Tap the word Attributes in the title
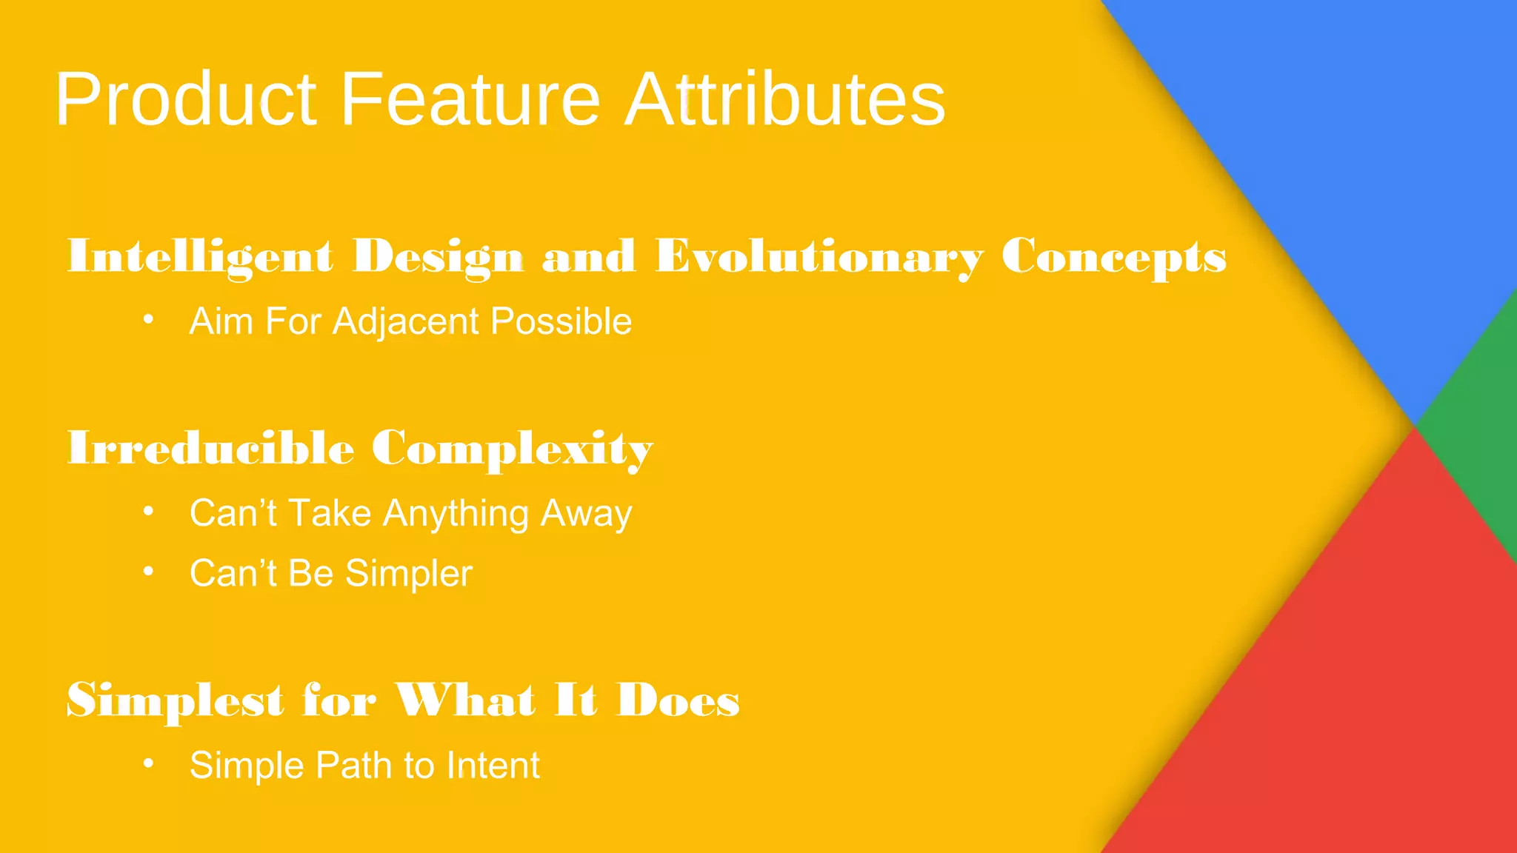785,100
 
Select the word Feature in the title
470,100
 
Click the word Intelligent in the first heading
200,257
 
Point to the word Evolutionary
819,257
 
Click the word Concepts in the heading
1113,257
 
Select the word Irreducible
210,449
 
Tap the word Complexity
512,449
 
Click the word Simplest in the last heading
175,700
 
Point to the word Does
678,700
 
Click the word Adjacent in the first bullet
406,322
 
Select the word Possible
561,322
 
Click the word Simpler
409,574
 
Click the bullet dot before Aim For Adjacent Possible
148,320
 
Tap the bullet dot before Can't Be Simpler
148,572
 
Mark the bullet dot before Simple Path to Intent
148,763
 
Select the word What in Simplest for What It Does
464,700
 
